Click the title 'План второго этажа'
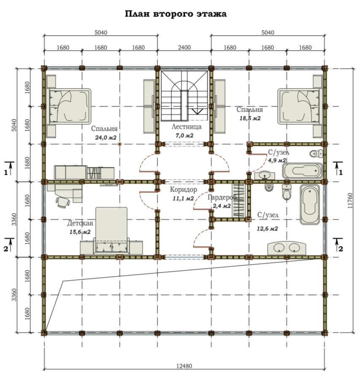click(x=176, y=14)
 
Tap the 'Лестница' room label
click(x=187, y=127)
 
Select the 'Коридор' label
click(x=184, y=189)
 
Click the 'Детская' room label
click(x=80, y=223)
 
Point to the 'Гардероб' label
click(x=222, y=197)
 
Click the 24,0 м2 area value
click(x=106, y=138)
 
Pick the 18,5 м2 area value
click(x=250, y=118)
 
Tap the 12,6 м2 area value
click(x=267, y=229)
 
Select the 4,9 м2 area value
click(x=277, y=160)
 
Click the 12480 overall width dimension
click(x=184, y=366)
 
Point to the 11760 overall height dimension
click(x=350, y=200)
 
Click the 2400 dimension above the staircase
click(x=184, y=47)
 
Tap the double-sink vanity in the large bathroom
click(x=287, y=248)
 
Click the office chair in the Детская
click(x=63, y=202)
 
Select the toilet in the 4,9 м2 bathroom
click(x=317, y=154)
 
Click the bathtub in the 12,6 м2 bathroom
click(x=310, y=205)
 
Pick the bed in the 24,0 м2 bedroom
click(x=70, y=106)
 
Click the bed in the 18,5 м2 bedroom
click(x=299, y=106)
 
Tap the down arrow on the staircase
click(x=197, y=111)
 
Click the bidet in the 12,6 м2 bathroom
click(x=269, y=188)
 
